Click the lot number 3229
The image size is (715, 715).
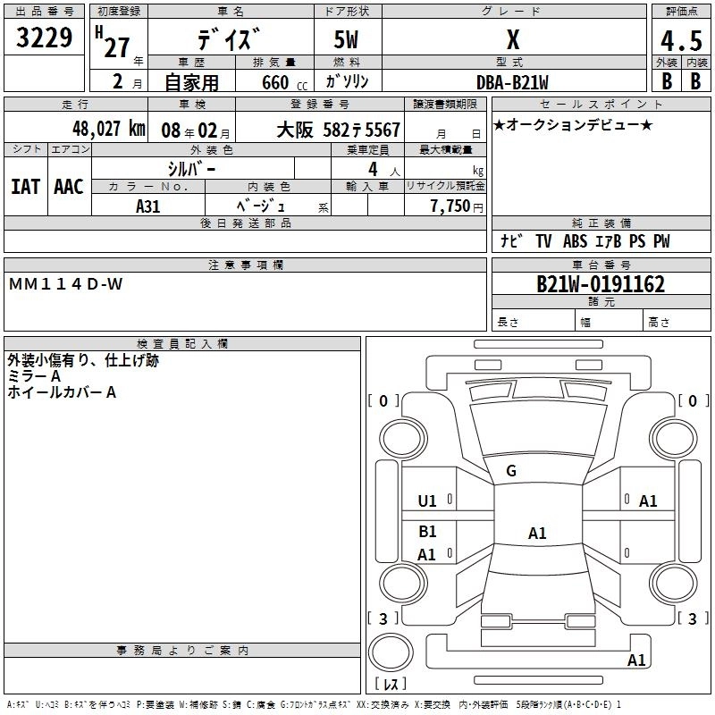pyautogui.click(x=44, y=38)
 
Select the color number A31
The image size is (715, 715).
pyautogui.click(x=148, y=206)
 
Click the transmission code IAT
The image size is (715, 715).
pyautogui.click(x=25, y=187)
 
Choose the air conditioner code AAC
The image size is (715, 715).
pyautogui.click(x=68, y=187)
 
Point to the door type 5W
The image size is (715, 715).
pyautogui.click(x=348, y=39)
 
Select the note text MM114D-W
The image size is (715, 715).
pyautogui.click(x=66, y=283)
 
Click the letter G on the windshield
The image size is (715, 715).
pyautogui.click(x=511, y=471)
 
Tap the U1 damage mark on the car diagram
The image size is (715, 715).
pyautogui.click(x=427, y=501)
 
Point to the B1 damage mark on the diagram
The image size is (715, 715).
pyautogui.click(x=427, y=532)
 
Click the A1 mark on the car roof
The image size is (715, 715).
pyautogui.click(x=536, y=534)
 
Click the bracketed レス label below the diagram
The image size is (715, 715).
pyautogui.click(x=389, y=684)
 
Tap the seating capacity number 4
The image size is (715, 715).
pyautogui.click(x=371, y=169)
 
